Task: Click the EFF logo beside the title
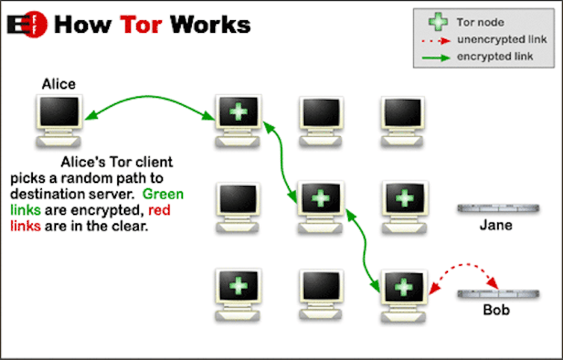[27, 24]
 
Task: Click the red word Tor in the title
[140, 24]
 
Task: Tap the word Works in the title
[211, 24]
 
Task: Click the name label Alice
[58, 84]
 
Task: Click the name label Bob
[496, 309]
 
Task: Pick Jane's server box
[497, 208]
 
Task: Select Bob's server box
[497, 293]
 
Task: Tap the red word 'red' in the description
[159, 211]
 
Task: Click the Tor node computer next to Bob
[404, 294]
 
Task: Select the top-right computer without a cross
[404, 120]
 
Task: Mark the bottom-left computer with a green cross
[238, 294]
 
